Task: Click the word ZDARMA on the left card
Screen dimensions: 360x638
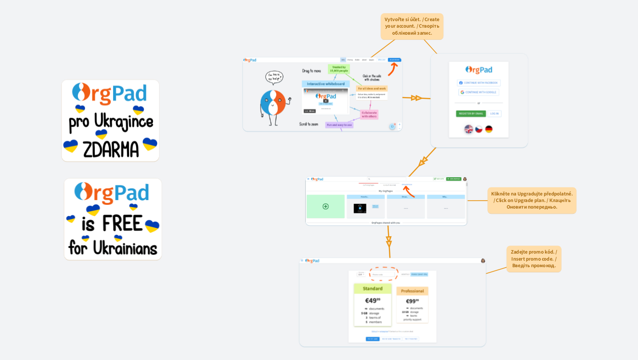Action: (111, 150)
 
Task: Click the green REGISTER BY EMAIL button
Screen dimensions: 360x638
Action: (471, 113)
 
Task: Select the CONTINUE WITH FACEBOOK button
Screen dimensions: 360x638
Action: (478, 83)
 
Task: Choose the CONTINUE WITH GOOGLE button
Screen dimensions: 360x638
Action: (478, 92)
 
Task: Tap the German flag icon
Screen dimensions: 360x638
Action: (489, 129)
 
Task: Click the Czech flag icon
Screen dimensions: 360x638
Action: (478, 129)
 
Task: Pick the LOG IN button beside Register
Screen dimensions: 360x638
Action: (494, 113)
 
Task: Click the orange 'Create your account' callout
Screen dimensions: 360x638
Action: (412, 26)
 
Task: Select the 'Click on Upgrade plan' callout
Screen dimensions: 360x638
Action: (532, 200)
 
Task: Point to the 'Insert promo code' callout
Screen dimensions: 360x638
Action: (533, 259)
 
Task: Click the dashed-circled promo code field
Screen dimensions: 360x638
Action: (383, 274)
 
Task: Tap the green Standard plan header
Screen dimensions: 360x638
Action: (372, 288)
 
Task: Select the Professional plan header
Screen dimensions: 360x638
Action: (412, 291)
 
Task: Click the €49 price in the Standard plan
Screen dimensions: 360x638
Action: (372, 300)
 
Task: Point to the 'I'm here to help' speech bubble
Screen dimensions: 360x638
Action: (274, 77)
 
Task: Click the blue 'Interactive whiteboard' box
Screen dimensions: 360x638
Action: (326, 84)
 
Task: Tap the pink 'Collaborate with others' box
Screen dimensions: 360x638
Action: (369, 114)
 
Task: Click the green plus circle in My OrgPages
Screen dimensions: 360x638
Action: (326, 206)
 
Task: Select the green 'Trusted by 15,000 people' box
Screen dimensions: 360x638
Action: (340, 69)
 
